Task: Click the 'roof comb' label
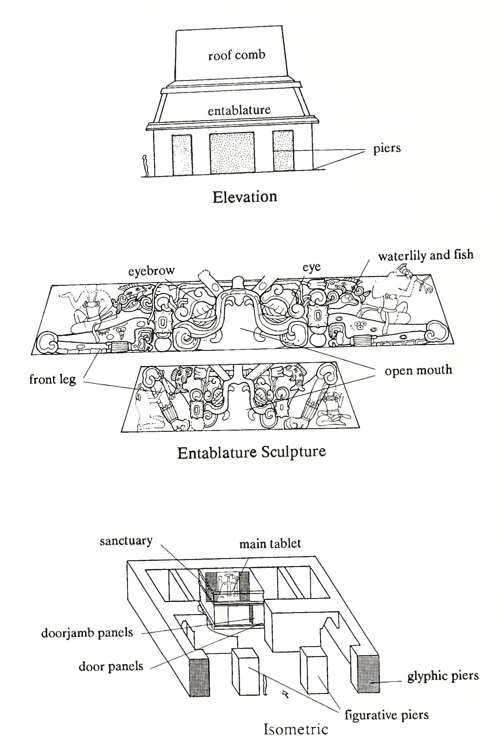click(x=236, y=55)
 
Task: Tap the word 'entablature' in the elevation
click(x=239, y=111)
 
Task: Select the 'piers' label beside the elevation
click(x=387, y=148)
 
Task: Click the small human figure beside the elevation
click(x=145, y=165)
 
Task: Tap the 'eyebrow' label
click(x=151, y=271)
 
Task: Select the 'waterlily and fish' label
click(x=426, y=255)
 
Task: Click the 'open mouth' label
click(x=418, y=370)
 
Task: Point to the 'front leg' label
click(x=53, y=380)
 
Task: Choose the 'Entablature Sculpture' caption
click(x=252, y=453)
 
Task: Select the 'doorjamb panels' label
click(x=87, y=633)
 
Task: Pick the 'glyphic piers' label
click(x=443, y=676)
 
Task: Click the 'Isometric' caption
click(x=296, y=729)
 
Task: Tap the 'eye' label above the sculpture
click(x=312, y=267)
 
